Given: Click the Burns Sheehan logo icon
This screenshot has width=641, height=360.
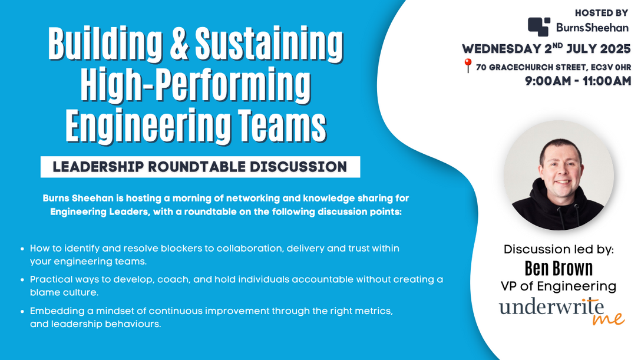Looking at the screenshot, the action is (x=539, y=27).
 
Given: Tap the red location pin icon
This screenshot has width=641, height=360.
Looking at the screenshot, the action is (x=468, y=66).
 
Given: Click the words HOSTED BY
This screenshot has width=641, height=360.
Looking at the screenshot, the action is (x=602, y=13).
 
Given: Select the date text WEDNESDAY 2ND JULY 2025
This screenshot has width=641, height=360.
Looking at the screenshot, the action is (x=546, y=49).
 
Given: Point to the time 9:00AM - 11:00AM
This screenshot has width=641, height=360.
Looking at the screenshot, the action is (x=578, y=81).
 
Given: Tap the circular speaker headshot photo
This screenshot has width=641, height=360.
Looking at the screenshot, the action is (x=559, y=176).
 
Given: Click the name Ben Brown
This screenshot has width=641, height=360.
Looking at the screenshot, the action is (x=559, y=269).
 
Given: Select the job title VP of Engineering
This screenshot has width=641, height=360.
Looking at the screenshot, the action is (x=559, y=286).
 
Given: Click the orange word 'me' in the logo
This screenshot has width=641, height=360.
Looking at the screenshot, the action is (x=608, y=318).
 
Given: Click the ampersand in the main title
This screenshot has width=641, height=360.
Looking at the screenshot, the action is (x=179, y=44).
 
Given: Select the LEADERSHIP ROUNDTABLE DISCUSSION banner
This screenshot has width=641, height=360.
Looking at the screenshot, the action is (x=200, y=167).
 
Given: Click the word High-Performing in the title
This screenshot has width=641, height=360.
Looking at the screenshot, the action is (x=196, y=86).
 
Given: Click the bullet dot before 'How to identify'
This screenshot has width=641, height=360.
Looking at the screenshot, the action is (x=22, y=249).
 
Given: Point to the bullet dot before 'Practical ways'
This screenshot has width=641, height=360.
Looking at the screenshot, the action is (x=22, y=280).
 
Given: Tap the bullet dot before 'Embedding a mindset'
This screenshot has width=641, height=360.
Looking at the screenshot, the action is (x=22, y=311).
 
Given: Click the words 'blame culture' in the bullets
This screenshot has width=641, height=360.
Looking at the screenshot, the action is (x=64, y=293).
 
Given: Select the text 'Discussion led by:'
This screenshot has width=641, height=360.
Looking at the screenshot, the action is (x=559, y=249).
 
